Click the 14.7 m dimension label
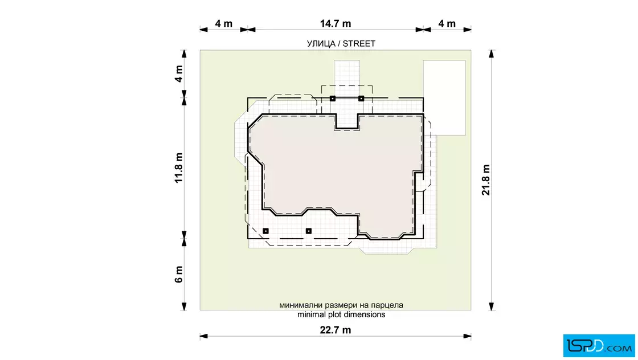coord(336,23)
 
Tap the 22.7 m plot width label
coord(336,330)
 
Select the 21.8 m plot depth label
coord(486,180)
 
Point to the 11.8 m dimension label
coord(179,168)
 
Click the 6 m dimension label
coord(179,275)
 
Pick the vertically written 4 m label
coord(179,73)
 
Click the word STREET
coord(359,43)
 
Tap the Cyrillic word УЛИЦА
coord(321,43)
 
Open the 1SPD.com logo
coord(599,346)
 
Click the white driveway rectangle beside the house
coord(444,97)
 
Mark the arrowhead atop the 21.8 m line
coord(492,54)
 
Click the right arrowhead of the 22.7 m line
coord(467,336)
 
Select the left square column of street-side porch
coord(333,99)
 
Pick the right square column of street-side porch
coord(361,99)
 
